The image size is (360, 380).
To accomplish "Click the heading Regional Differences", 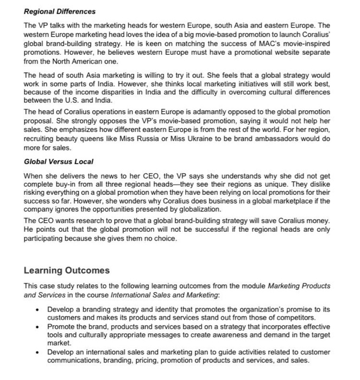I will [60, 11].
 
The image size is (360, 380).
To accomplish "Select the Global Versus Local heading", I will [59, 162].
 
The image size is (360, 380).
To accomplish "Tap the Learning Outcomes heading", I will [67, 270].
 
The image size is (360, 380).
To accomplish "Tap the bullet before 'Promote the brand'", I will [36, 326].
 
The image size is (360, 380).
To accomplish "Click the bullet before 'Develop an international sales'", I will [36, 352].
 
